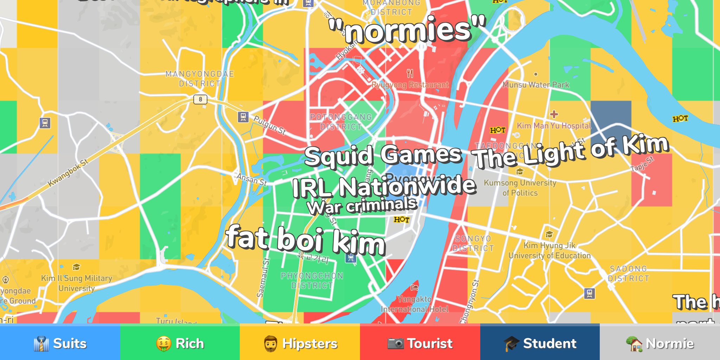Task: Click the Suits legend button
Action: coord(60,343)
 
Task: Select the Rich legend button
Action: coord(180,343)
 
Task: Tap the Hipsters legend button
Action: coord(300,343)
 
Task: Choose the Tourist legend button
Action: coord(420,343)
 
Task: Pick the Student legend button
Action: coord(540,343)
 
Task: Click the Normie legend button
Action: coord(660,343)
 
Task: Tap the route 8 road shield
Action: coord(200,99)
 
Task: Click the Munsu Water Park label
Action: coord(535,85)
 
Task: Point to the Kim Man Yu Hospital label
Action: coord(554,126)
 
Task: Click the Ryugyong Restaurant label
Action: coord(410,85)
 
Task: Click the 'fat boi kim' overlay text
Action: coord(306,241)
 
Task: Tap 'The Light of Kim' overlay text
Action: coord(571,152)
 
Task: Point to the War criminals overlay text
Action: coord(362,206)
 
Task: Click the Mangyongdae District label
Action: coord(200,79)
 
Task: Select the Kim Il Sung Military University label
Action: coord(77,283)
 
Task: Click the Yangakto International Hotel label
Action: coord(415,304)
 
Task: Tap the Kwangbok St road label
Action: coord(68,173)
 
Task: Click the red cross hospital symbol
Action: coord(554,114)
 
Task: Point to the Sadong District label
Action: coord(628,274)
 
